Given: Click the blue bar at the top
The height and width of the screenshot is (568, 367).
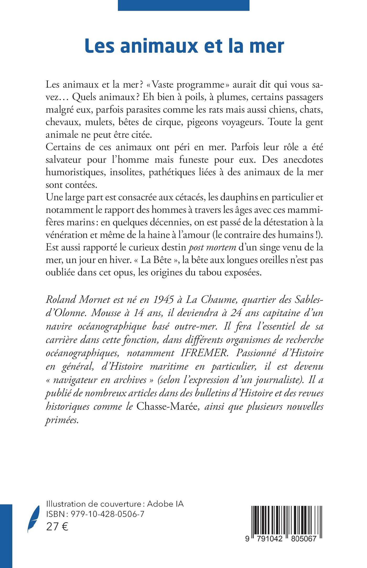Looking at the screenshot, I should [183, 5].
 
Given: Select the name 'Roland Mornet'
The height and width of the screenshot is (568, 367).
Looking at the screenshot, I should [74, 299].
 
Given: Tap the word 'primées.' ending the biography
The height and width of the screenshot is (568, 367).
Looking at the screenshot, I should [62, 420].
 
